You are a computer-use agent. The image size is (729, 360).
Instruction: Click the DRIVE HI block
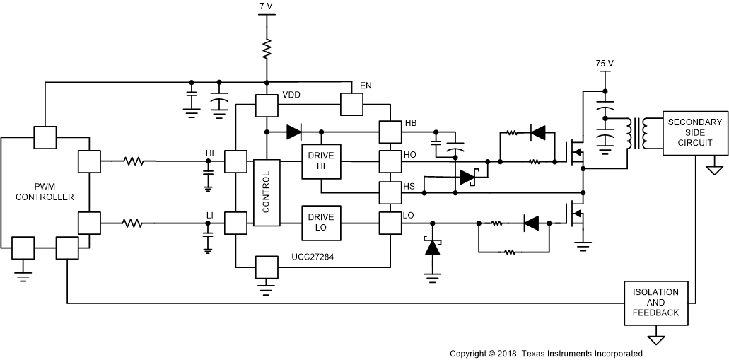pyautogui.click(x=321, y=161)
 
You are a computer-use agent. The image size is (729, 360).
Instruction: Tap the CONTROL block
pyautogui.click(x=267, y=192)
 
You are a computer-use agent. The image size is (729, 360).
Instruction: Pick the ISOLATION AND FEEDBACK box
pyautogui.click(x=656, y=303)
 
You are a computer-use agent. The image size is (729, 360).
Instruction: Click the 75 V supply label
pyautogui.click(x=605, y=63)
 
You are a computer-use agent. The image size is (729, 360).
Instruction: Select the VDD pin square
pyautogui.click(x=267, y=106)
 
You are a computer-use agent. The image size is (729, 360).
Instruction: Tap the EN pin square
pyautogui.click(x=351, y=105)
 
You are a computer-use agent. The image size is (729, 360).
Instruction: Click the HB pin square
pyautogui.click(x=390, y=132)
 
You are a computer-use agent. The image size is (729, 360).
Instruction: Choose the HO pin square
pyautogui.click(x=390, y=161)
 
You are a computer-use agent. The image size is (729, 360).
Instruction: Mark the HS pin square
pyautogui.click(x=390, y=192)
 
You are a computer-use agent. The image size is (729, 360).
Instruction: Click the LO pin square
pyautogui.click(x=390, y=223)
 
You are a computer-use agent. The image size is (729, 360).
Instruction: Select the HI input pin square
pyautogui.click(x=235, y=161)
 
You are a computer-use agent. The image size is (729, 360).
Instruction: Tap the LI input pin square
pyautogui.click(x=235, y=223)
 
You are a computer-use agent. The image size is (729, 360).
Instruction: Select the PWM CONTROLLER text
pyautogui.click(x=45, y=192)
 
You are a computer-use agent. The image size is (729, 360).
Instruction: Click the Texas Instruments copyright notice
pyautogui.click(x=546, y=353)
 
